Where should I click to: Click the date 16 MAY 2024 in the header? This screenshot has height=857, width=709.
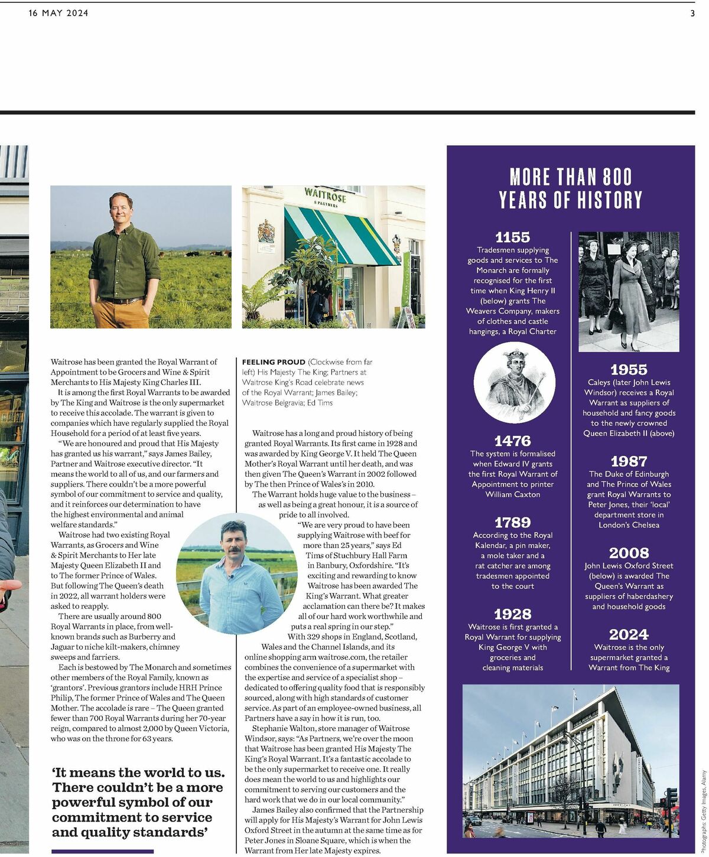click(58, 13)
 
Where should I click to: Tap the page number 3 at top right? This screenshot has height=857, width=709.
click(692, 13)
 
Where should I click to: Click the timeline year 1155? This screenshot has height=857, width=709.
click(512, 237)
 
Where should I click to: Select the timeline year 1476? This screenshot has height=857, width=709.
click(512, 441)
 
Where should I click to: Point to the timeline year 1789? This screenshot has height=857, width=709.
click(512, 522)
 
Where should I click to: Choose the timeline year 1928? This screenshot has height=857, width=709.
click(512, 614)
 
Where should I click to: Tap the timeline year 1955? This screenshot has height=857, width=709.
click(629, 370)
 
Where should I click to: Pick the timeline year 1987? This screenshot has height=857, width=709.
click(629, 461)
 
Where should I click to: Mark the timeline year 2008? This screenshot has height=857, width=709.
click(629, 553)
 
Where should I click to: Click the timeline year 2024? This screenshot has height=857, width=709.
click(629, 634)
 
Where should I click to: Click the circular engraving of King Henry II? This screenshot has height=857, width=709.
click(514, 384)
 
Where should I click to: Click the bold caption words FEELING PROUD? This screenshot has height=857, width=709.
click(274, 361)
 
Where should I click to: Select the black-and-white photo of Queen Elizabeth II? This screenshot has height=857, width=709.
click(628, 292)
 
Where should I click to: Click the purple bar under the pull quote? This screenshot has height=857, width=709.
click(102, 851)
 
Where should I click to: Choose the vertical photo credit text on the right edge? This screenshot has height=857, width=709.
click(703, 804)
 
